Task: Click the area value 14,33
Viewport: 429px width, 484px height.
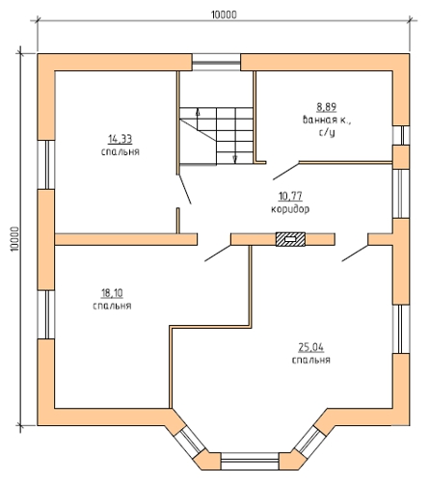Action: click(x=121, y=140)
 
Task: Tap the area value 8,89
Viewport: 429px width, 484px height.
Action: click(x=327, y=107)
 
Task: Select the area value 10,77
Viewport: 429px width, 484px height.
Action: click(x=290, y=196)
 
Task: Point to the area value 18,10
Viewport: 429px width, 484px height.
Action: click(x=112, y=293)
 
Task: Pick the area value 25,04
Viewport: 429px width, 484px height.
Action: click(x=311, y=347)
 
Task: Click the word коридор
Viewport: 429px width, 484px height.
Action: click(x=290, y=209)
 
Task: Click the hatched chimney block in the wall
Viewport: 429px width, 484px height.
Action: click(x=290, y=239)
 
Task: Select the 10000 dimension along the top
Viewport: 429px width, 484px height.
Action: click(x=224, y=14)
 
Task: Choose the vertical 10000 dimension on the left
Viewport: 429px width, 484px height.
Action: click(x=15, y=239)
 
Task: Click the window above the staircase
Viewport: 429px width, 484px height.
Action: click(x=216, y=62)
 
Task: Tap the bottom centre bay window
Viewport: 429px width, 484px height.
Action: click(x=250, y=461)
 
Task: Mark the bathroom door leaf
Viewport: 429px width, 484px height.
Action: click(x=286, y=171)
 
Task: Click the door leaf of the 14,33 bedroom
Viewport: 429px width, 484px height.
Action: click(x=185, y=189)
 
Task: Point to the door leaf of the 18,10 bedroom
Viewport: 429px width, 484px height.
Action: click(x=218, y=254)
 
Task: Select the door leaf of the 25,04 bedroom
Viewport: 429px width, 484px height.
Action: click(x=355, y=254)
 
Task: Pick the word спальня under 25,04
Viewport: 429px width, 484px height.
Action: click(x=311, y=360)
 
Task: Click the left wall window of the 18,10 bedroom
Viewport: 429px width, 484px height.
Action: click(x=46, y=314)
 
